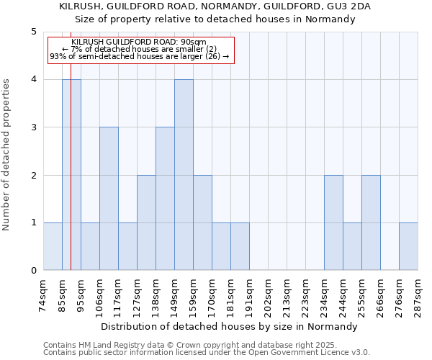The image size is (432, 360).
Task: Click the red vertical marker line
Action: coord(71,180)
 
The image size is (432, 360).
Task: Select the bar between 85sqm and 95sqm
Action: coord(71,175)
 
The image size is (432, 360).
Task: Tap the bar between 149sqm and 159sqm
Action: coord(184,175)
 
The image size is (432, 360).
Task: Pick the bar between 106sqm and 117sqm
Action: coord(109,199)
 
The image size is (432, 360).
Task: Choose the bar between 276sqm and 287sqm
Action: coord(408,246)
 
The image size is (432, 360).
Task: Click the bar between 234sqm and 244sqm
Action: coord(333,222)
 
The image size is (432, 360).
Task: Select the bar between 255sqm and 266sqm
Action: coord(371,222)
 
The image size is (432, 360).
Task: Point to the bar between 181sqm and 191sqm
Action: coord(240,246)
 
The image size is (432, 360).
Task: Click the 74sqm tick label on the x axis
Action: coord(43,294)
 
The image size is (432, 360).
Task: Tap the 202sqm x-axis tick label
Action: coord(268,294)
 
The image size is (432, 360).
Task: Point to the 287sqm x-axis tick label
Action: coord(418,294)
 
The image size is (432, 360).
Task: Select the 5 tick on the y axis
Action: coord(34,32)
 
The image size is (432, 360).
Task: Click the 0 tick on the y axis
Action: coord(34,271)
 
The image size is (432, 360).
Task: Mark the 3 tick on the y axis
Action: coord(34,127)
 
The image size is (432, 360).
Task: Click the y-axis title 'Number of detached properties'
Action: coord(6,155)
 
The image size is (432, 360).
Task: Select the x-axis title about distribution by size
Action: coord(230,326)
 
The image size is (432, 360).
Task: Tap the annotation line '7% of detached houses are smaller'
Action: coord(140,49)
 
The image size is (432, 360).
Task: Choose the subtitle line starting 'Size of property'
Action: coord(216,19)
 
